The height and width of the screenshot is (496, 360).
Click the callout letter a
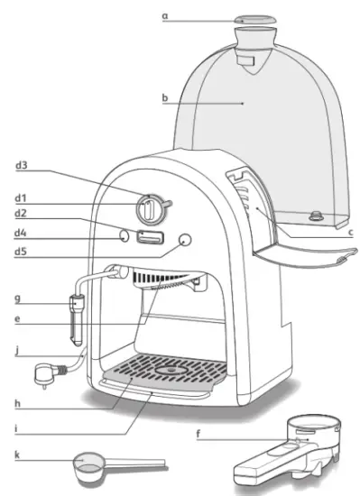tap(165, 16)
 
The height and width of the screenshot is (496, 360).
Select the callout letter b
tap(165, 98)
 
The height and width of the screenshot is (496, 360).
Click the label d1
tap(19, 196)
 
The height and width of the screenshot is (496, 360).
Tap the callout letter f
tap(198, 436)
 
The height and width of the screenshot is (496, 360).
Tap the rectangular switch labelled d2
tap(150, 238)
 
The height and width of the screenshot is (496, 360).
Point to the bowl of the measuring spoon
tap(87, 464)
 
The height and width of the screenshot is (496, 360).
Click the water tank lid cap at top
tap(254, 19)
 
